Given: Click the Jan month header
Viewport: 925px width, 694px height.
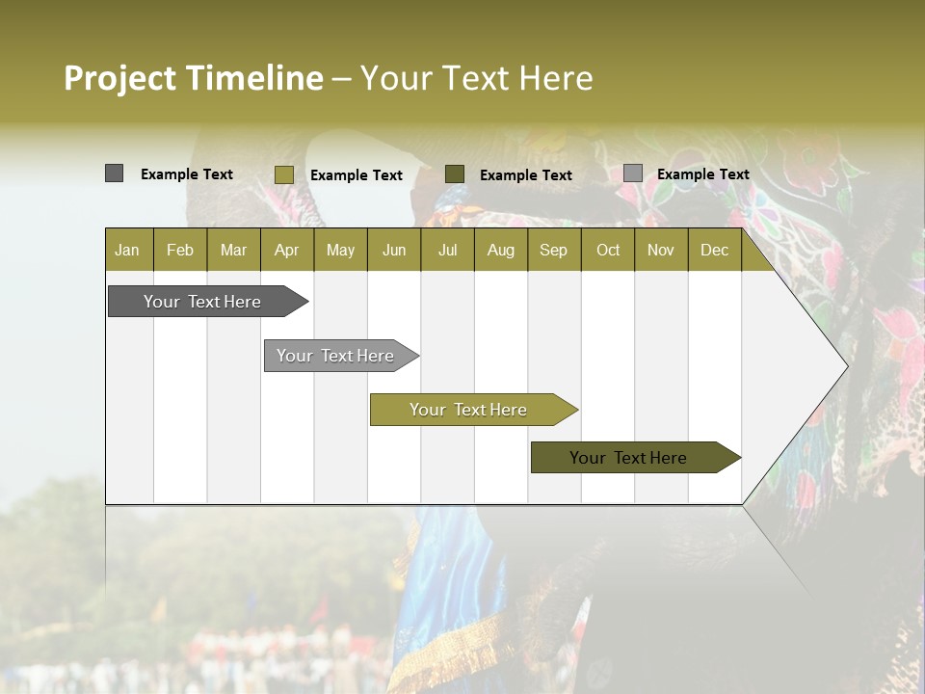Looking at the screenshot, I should click(x=127, y=251).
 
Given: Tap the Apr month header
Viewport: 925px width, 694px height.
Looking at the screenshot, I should click(x=287, y=251).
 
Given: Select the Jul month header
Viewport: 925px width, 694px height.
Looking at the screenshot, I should click(x=447, y=251).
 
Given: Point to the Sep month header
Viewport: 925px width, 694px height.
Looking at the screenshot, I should click(x=553, y=251).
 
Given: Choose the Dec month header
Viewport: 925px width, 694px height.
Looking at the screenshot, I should click(x=714, y=251).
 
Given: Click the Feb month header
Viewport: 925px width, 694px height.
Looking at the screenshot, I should click(x=180, y=251).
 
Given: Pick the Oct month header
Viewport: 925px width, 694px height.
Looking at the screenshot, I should click(x=608, y=251).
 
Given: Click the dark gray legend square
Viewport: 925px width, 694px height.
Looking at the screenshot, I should click(x=114, y=173).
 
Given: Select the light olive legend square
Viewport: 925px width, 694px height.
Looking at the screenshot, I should click(x=283, y=174).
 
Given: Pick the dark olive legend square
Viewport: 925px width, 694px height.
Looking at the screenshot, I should click(x=455, y=173).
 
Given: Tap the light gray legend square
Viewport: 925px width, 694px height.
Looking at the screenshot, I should click(x=632, y=173).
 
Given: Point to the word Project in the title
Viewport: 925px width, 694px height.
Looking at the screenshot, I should click(x=119, y=78).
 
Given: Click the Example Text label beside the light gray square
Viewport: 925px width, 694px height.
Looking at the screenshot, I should click(x=702, y=174).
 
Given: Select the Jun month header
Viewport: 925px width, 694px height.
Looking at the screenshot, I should click(x=394, y=251).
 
